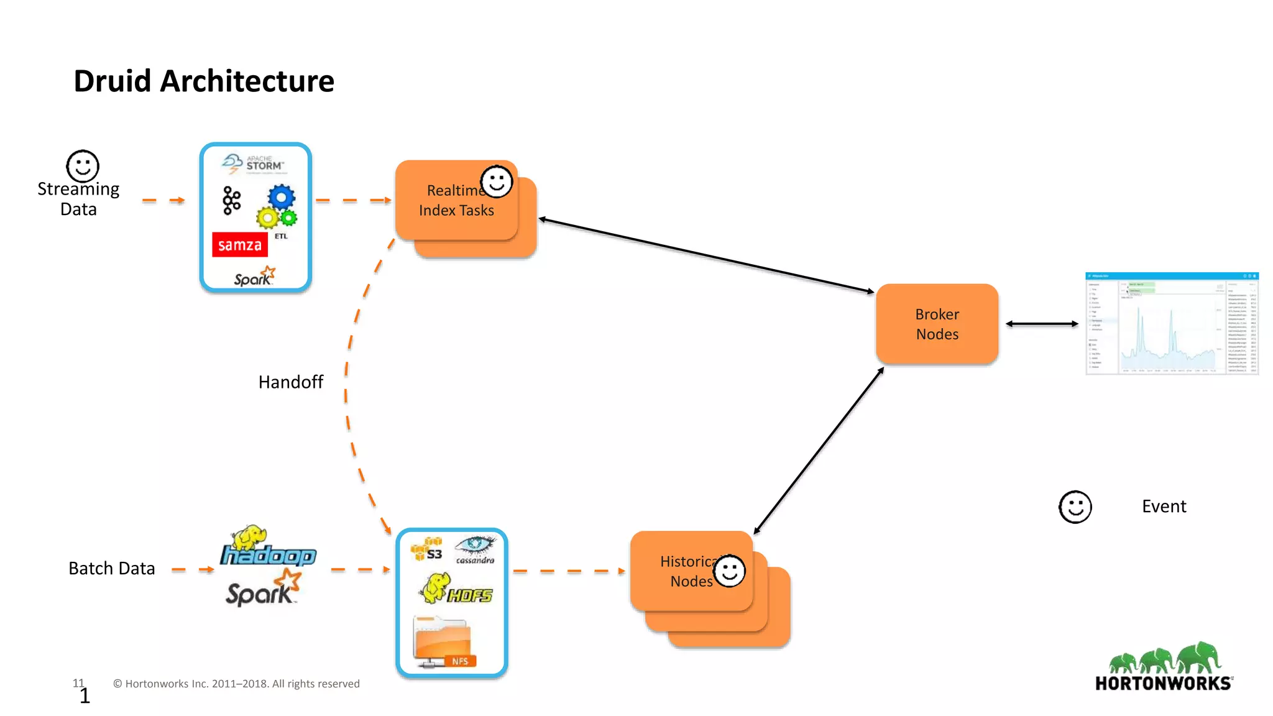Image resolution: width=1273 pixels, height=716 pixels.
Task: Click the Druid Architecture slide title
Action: pyautogui.click(x=204, y=81)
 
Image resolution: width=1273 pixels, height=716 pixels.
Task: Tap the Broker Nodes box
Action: pyautogui.click(x=937, y=324)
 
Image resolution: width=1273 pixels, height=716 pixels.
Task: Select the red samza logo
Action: pyautogui.click(x=240, y=245)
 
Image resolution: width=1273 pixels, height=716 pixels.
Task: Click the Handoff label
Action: pyautogui.click(x=290, y=382)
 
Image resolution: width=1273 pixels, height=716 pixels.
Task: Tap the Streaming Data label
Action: pyautogui.click(x=78, y=198)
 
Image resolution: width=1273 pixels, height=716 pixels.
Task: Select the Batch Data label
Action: pyautogui.click(x=111, y=568)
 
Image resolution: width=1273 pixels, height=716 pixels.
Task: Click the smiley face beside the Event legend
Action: pyautogui.click(x=1075, y=507)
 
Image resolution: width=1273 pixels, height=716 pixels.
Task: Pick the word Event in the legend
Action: pyautogui.click(x=1164, y=507)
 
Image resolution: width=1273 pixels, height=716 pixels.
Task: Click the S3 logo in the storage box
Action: pyautogui.click(x=427, y=550)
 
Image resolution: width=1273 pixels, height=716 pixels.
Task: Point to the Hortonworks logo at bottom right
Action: pyautogui.click(x=1164, y=668)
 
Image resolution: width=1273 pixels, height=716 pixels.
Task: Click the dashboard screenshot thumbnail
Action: pyautogui.click(x=1172, y=324)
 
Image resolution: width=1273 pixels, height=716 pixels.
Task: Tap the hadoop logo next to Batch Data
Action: pyautogui.click(x=267, y=547)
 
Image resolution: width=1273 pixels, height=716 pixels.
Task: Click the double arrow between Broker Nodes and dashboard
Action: pyautogui.click(x=1042, y=324)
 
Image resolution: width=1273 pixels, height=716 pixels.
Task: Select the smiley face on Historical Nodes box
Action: pyautogui.click(x=729, y=571)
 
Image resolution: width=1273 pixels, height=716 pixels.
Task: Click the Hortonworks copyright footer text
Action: pyautogui.click(x=236, y=684)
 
